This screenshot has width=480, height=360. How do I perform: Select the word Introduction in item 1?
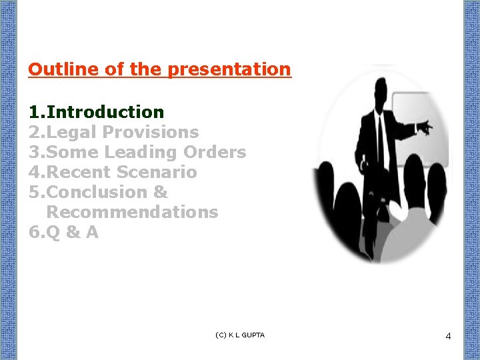[x=105, y=112]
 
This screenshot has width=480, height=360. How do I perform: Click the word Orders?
[x=215, y=152]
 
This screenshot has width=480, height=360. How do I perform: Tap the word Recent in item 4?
[x=79, y=172]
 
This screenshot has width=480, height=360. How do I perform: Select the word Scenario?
[x=157, y=172]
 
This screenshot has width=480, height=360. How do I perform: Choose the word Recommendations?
[x=132, y=212]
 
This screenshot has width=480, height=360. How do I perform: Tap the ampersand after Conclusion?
[x=161, y=192]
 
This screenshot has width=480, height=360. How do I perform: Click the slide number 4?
[x=448, y=336]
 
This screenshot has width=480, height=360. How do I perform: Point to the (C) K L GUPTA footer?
[x=240, y=335]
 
